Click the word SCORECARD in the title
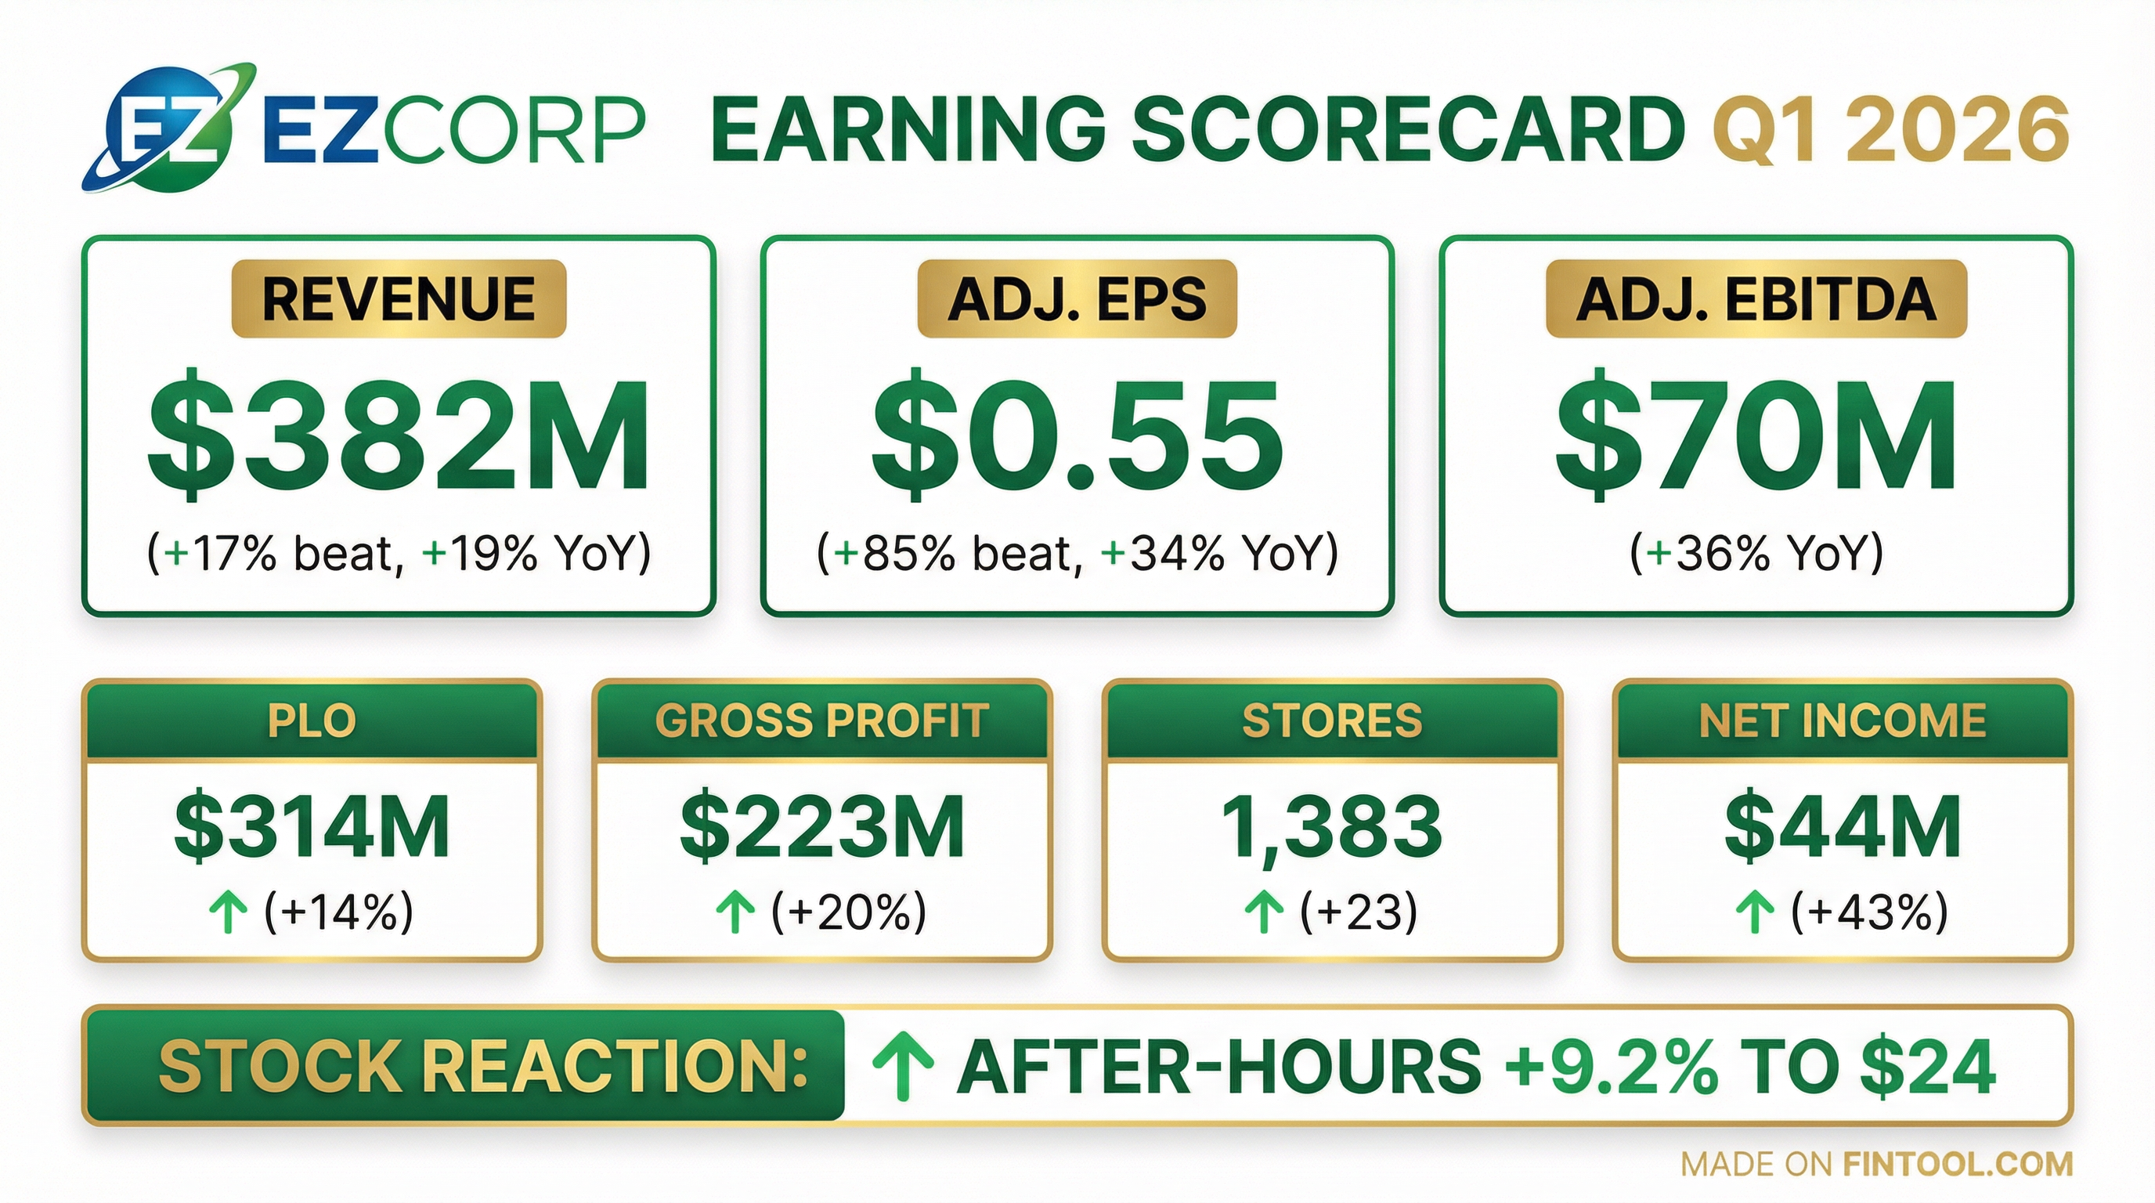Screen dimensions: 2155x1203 pyautogui.click(x=1410, y=130)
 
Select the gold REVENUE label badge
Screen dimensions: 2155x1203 pyautogui.click(x=399, y=298)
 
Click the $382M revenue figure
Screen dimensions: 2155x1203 pyautogui.click(x=399, y=435)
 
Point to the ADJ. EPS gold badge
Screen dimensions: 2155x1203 pyautogui.click(x=1077, y=298)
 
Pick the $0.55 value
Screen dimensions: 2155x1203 pyautogui.click(x=1077, y=435)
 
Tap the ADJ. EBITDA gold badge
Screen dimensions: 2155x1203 pyautogui.click(x=1756, y=298)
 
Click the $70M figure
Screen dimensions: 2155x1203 pyautogui.click(x=1756, y=435)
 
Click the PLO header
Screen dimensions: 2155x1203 pyautogui.click(x=312, y=721)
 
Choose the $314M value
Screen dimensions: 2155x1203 pyautogui.click(x=312, y=826)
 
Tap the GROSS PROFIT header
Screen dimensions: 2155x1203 pyautogui.click(x=822, y=721)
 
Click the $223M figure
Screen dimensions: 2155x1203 pyautogui.click(x=822, y=826)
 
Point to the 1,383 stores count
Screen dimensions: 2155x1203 pyautogui.click(x=1332, y=826)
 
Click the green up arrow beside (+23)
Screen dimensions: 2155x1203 pyautogui.click(x=1264, y=912)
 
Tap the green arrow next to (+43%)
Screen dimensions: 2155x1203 pyautogui.click(x=1755, y=912)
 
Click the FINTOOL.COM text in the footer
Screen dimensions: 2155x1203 pyautogui.click(x=1958, y=1164)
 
